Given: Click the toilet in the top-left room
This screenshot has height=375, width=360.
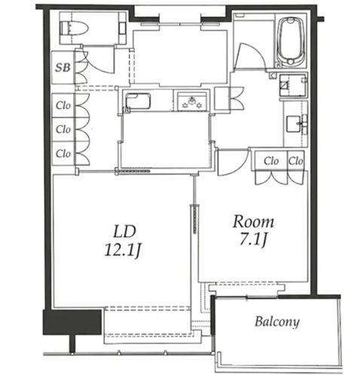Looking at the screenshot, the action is click(x=75, y=29).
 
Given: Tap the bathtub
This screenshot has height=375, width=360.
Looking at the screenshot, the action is click(x=291, y=41).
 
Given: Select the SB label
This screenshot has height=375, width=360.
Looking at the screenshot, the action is click(x=63, y=67).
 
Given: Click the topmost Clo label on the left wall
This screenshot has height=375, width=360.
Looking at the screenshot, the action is click(x=63, y=105).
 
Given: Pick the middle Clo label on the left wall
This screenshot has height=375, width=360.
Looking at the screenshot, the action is click(x=63, y=130).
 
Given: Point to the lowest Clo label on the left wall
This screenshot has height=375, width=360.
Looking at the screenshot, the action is click(x=63, y=153).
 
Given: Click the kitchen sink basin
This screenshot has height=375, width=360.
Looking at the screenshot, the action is click(x=138, y=101).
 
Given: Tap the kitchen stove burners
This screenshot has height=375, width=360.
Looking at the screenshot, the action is click(x=192, y=102).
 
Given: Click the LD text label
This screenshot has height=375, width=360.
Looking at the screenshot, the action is click(x=124, y=231).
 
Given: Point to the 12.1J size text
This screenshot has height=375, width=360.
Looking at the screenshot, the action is click(x=122, y=250).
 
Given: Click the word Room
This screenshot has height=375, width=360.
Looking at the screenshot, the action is click(x=253, y=221).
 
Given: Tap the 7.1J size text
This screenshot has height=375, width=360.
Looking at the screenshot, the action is click(x=253, y=239).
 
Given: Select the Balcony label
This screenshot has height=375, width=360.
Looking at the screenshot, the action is click(x=277, y=322).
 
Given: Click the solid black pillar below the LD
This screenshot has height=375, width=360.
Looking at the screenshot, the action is click(x=72, y=322).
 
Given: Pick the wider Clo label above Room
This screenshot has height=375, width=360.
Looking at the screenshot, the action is click(x=271, y=161).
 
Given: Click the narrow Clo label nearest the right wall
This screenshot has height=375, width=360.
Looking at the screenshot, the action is click(x=295, y=161).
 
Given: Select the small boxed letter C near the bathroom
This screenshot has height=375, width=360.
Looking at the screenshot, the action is click(x=273, y=75).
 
